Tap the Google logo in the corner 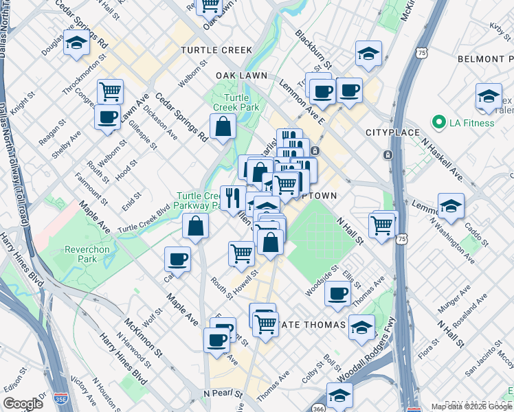[x=23, y=404]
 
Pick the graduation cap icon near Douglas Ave [x=77, y=43]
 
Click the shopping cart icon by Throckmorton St [x=110, y=91]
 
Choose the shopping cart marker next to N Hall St [x=381, y=224]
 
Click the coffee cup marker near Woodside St [x=337, y=294]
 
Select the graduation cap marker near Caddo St [x=451, y=206]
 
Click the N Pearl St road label [x=223, y=393]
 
